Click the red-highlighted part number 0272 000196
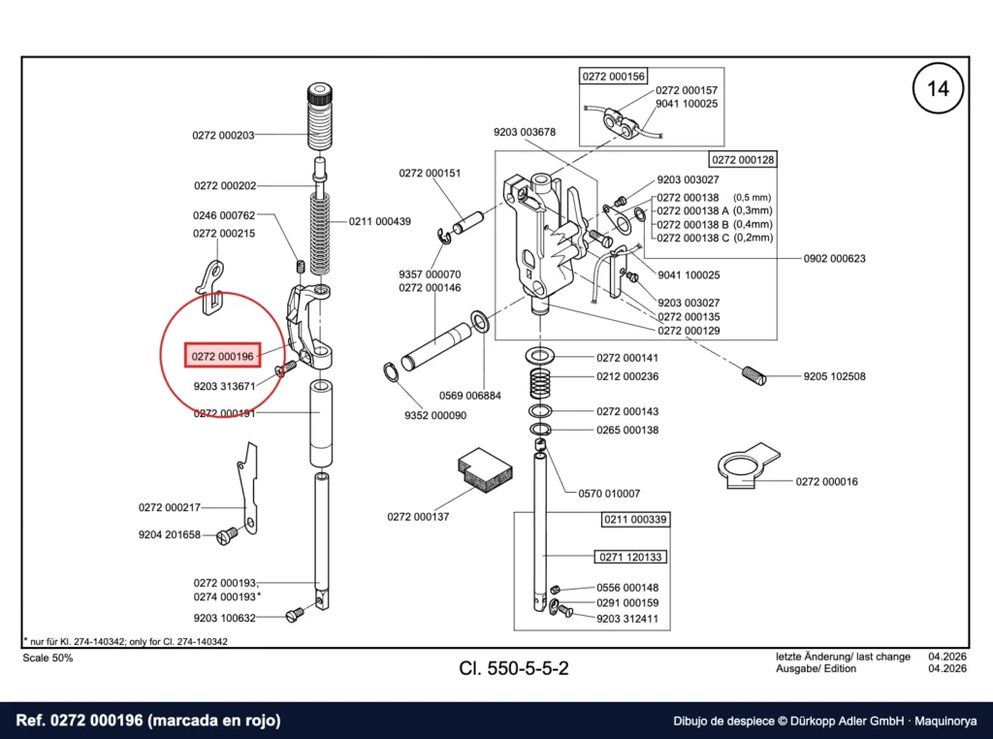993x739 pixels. point(222,356)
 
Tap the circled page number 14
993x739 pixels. point(938,88)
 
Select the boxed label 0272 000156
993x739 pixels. point(613,76)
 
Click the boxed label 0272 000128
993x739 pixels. point(743,160)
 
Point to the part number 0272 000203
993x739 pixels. point(223,135)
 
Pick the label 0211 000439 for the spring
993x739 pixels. point(379,221)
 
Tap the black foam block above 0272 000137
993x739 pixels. point(485,469)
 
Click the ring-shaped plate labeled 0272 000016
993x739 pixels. point(748,466)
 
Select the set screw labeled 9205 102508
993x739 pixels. point(753,375)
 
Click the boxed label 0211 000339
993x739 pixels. point(635,519)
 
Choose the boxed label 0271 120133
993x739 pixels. point(630,557)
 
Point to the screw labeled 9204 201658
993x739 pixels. point(227,535)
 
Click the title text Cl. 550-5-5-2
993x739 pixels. point(514,668)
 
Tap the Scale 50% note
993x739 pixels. point(48,658)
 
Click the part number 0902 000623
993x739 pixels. point(834,258)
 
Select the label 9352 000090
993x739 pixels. point(435,415)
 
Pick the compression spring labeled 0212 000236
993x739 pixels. point(540,384)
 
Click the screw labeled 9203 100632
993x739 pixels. point(295,614)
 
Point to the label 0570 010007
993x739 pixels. point(609,494)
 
